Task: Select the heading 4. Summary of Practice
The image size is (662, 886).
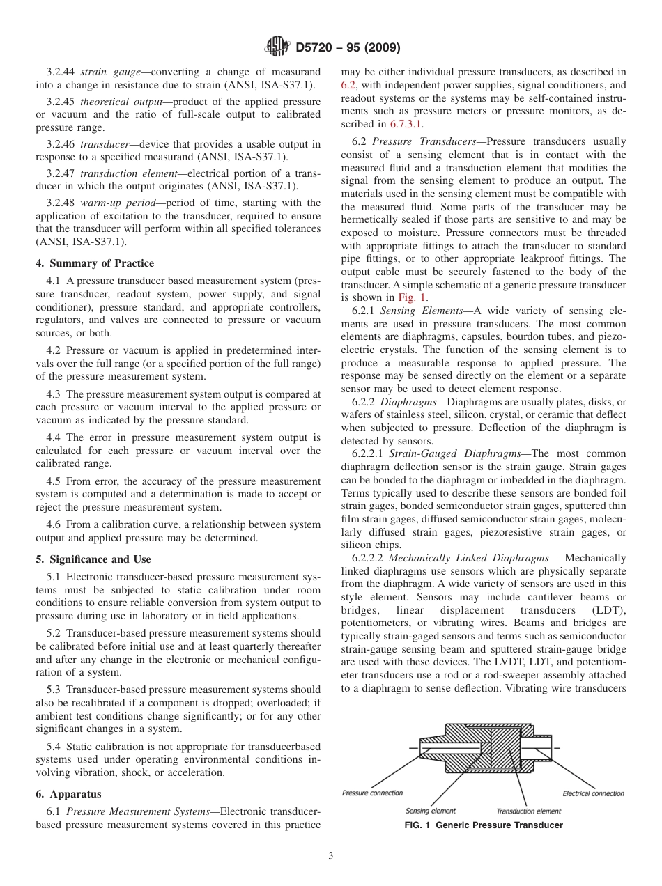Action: tap(95, 263)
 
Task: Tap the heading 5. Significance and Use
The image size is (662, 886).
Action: tap(93, 559)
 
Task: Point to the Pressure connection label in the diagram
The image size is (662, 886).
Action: tap(372, 793)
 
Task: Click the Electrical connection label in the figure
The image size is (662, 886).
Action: tap(593, 793)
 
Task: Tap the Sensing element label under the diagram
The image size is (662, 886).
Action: tap(431, 811)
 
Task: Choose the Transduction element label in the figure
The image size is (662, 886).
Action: tap(528, 811)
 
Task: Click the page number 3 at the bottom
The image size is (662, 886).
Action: tap(331, 856)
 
